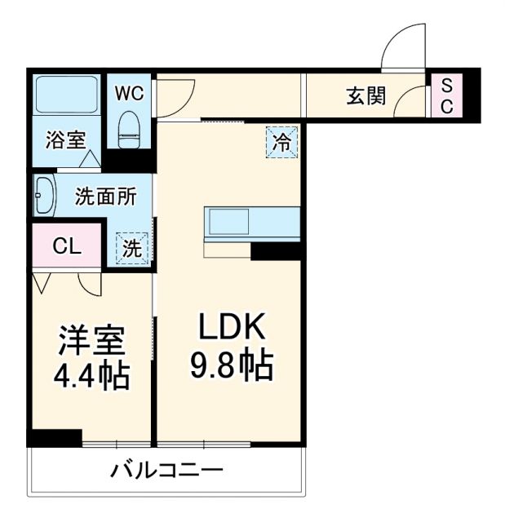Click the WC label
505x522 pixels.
(129, 93)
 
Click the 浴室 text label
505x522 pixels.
(66, 139)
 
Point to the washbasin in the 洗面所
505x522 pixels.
(44, 197)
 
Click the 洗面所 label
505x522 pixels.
(105, 197)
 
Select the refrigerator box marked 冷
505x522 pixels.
(281, 143)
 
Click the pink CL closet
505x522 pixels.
(67, 246)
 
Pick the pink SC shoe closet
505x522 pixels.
(446, 95)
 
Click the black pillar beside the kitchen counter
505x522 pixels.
(277, 251)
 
